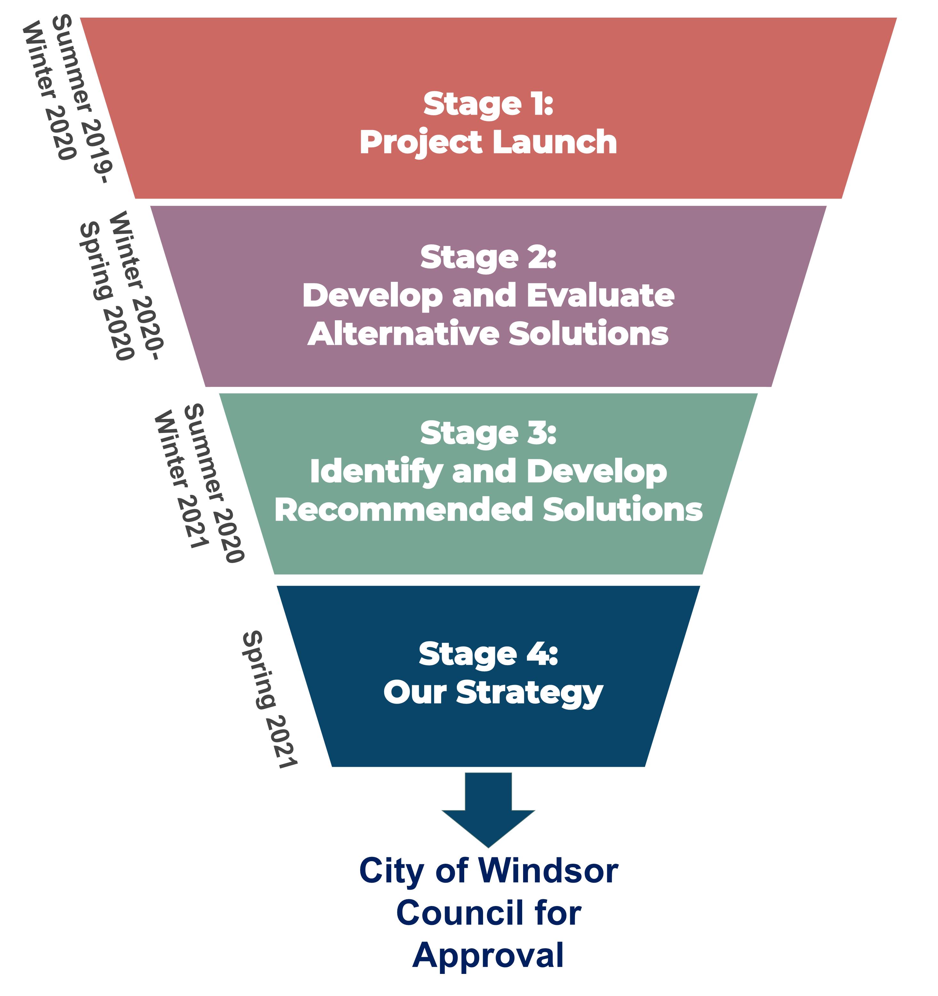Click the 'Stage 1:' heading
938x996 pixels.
click(x=488, y=104)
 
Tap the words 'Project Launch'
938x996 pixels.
click(x=488, y=142)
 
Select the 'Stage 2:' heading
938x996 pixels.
click(x=488, y=257)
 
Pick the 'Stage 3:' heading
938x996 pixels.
click(x=488, y=433)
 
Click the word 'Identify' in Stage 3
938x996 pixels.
click(x=376, y=472)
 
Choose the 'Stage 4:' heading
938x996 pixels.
click(x=488, y=654)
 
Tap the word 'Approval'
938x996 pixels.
click(x=488, y=955)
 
